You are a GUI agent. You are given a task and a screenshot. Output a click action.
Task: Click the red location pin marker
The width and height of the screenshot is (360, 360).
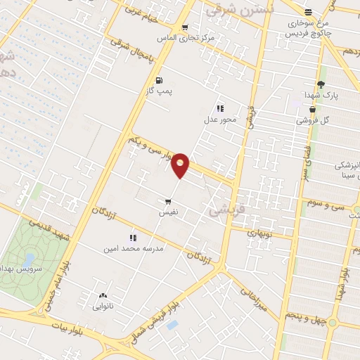[x=181, y=165]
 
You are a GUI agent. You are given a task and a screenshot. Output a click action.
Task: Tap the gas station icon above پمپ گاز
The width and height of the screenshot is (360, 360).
[x=160, y=80]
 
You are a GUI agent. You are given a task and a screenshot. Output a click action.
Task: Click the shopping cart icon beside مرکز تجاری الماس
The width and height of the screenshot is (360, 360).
[x=184, y=28]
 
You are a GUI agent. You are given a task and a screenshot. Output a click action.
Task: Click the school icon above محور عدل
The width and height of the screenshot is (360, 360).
[x=219, y=108]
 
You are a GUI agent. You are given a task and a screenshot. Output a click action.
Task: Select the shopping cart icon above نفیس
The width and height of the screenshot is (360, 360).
[x=168, y=201]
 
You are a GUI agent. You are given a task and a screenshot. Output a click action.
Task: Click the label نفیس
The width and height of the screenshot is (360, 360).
[x=168, y=212]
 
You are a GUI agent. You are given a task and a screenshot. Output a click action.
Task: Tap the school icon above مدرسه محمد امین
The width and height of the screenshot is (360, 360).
[x=132, y=238]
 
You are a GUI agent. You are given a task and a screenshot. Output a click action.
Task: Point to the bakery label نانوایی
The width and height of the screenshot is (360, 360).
[x=103, y=306]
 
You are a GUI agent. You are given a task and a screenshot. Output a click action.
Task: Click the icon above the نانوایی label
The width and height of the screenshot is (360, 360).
[x=103, y=295]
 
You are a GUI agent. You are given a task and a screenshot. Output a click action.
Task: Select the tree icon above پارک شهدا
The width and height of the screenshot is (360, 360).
[x=321, y=84]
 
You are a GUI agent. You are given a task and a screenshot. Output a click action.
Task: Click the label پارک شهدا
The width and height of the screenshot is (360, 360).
[x=326, y=95]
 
